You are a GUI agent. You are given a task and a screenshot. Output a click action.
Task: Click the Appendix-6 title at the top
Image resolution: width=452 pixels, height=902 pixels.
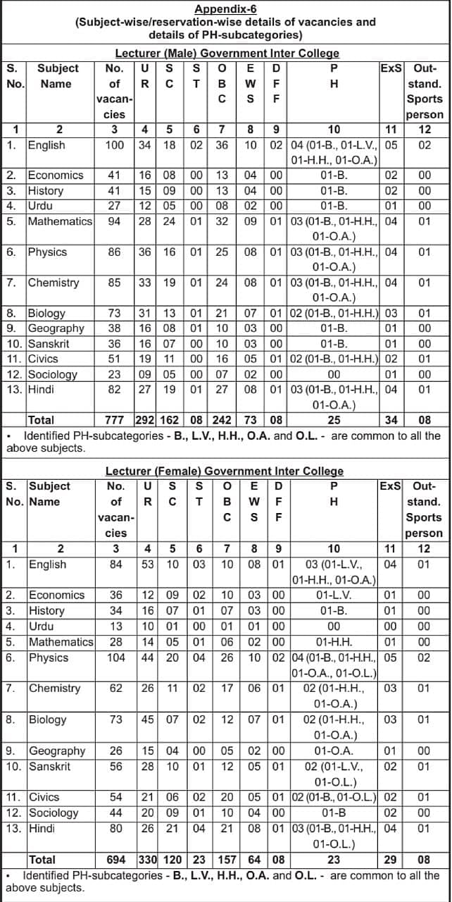click(226, 9)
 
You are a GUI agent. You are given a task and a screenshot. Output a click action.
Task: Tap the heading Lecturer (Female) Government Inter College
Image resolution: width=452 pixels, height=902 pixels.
click(225, 471)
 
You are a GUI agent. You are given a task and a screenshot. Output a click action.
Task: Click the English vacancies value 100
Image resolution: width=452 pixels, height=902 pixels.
click(114, 145)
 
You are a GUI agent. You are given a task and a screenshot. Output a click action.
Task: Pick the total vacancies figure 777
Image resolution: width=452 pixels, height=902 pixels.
click(114, 421)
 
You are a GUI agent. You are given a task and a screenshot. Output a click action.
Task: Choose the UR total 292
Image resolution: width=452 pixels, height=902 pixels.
click(145, 421)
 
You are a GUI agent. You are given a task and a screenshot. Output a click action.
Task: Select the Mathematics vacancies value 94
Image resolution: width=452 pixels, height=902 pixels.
click(114, 221)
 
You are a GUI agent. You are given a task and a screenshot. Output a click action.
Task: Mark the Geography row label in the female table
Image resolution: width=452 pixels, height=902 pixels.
click(57, 751)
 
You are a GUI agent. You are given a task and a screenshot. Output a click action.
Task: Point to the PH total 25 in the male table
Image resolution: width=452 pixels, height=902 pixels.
click(334, 421)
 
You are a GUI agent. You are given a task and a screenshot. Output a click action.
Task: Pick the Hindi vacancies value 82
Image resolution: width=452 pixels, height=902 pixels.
click(114, 390)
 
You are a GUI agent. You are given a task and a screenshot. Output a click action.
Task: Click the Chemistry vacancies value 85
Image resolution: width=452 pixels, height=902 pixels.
click(114, 283)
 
